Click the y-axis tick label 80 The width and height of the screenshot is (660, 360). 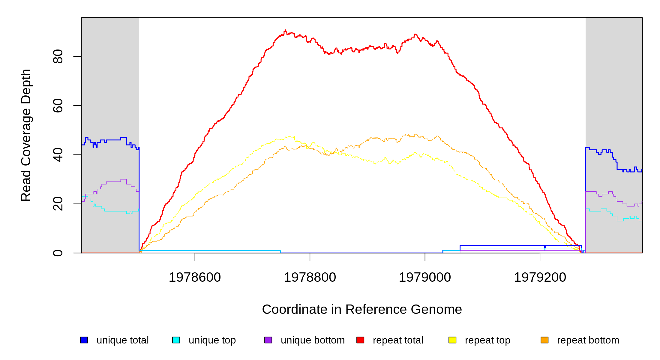click(58, 56)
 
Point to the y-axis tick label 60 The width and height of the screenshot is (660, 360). click(58, 106)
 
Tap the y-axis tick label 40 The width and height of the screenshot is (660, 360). click(58, 155)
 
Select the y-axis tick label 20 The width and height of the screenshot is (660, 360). click(58, 204)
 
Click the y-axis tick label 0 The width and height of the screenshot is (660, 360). click(58, 253)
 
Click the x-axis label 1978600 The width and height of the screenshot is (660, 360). click(195, 277)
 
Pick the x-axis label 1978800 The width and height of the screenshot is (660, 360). click(310, 277)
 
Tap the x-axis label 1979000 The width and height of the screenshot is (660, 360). click(425, 277)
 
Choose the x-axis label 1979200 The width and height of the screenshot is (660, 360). click(540, 277)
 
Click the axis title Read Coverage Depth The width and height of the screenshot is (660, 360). click(26, 135)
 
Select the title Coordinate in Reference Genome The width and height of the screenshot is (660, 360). click(362, 309)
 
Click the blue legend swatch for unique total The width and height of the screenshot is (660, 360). click(84, 340)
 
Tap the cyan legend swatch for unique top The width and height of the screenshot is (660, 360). click(176, 340)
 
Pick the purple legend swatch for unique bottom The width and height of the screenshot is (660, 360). click(268, 340)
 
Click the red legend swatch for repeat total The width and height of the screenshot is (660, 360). click(360, 340)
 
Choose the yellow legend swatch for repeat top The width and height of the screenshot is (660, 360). click(452, 340)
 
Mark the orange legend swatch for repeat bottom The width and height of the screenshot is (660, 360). click(544, 340)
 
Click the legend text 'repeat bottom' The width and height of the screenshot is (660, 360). click(588, 340)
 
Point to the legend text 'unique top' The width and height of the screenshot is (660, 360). click(212, 340)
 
